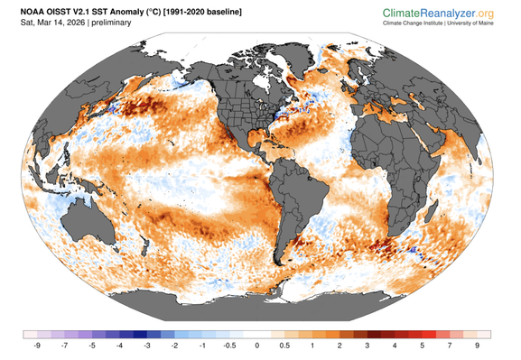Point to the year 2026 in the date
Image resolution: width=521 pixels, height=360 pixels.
pos(75,23)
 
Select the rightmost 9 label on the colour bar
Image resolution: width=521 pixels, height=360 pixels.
pos(476,345)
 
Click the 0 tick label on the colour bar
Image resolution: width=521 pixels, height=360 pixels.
pos(257,345)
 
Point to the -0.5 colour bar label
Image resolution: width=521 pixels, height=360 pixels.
pos(229,345)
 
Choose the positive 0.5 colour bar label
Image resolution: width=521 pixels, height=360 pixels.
pos(284,345)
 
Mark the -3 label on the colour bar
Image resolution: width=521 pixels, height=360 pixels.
pos(148,345)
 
